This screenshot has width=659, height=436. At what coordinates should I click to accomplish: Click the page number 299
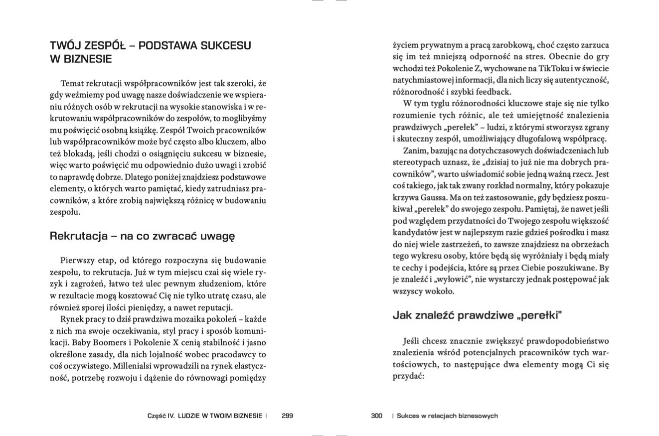[x=287, y=416]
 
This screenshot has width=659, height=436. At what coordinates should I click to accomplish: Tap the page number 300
[x=376, y=416]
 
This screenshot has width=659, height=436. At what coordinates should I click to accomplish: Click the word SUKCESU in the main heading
[x=226, y=46]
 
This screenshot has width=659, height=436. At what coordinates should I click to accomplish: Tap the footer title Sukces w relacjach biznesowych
[x=447, y=416]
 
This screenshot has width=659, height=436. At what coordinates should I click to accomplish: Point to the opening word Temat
[x=73, y=83]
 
